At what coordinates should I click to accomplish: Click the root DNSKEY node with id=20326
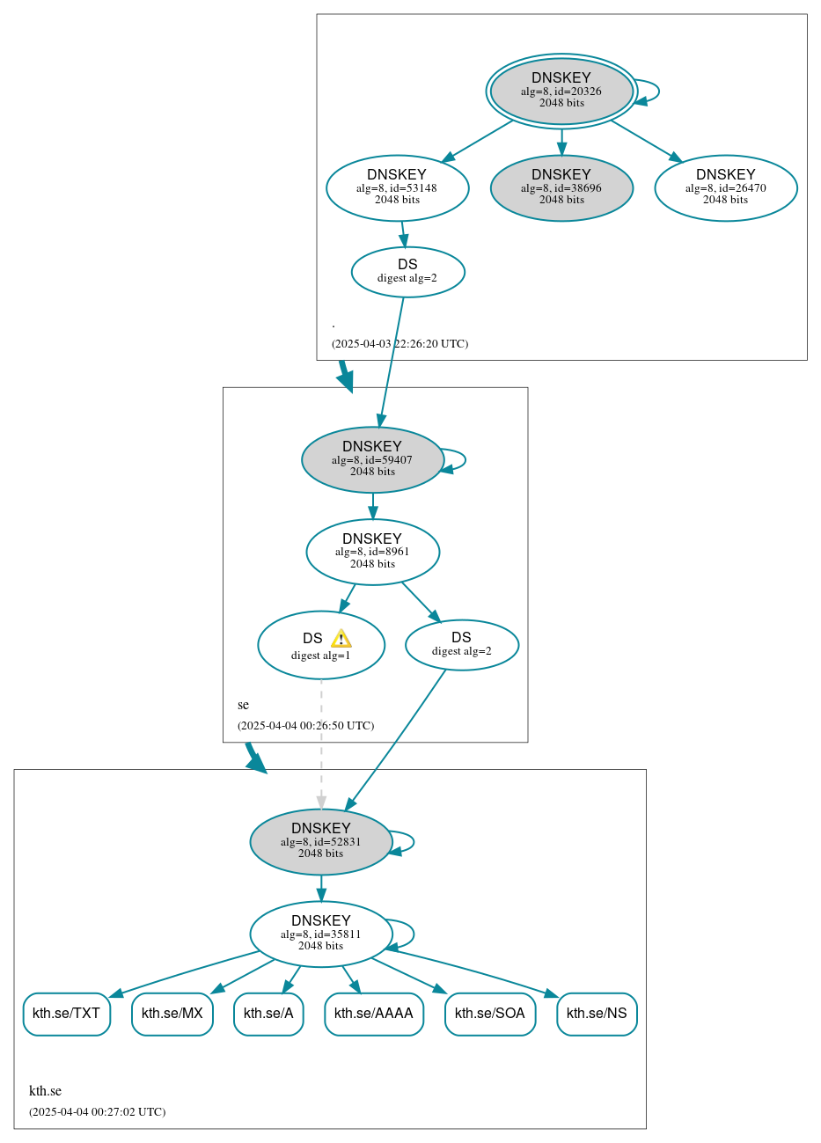561,91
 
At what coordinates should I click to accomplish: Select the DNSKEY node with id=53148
397,187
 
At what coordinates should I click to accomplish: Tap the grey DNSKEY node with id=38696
561,187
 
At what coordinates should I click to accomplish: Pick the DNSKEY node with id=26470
726,187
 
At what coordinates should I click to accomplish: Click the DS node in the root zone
407,272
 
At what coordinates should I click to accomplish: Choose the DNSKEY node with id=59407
372,459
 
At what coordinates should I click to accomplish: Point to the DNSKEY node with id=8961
372,552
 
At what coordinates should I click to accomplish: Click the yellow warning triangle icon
341,639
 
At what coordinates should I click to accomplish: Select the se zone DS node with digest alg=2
462,645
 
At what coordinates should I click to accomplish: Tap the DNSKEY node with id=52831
321,841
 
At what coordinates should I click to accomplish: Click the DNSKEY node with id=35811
321,934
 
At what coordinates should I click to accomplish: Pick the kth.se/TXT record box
67,1014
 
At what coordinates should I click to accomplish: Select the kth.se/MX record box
172,1014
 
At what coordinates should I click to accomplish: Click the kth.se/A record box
268,1014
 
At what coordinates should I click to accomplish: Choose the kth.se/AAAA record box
374,1014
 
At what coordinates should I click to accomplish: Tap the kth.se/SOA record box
490,1014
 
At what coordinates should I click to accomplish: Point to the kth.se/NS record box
597,1014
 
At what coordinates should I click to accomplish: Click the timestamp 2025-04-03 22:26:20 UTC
400,344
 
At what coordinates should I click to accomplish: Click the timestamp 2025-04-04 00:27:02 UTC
97,1112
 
